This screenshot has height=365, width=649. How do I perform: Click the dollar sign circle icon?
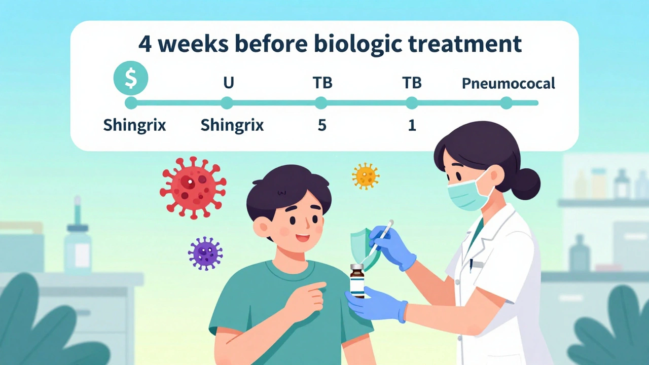pyautogui.click(x=131, y=79)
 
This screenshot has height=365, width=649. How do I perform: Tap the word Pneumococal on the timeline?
pyautogui.click(x=508, y=83)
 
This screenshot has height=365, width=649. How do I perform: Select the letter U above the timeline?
pyautogui.click(x=228, y=83)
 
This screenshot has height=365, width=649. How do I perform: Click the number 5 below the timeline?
pyautogui.click(x=322, y=125)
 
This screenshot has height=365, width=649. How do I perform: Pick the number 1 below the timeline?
pyautogui.click(x=412, y=125)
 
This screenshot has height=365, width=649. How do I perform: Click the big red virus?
pyautogui.click(x=193, y=188)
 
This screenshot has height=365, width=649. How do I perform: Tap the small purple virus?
pyautogui.click(x=205, y=253)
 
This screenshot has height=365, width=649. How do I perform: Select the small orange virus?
pyautogui.click(x=366, y=176)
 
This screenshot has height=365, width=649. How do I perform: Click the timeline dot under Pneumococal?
pyautogui.click(x=506, y=103)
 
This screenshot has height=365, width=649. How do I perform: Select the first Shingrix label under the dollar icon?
pyautogui.click(x=134, y=125)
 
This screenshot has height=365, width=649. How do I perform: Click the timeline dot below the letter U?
pyautogui.click(x=227, y=103)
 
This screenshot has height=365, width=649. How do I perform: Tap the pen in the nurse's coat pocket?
pyautogui.click(x=471, y=264)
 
